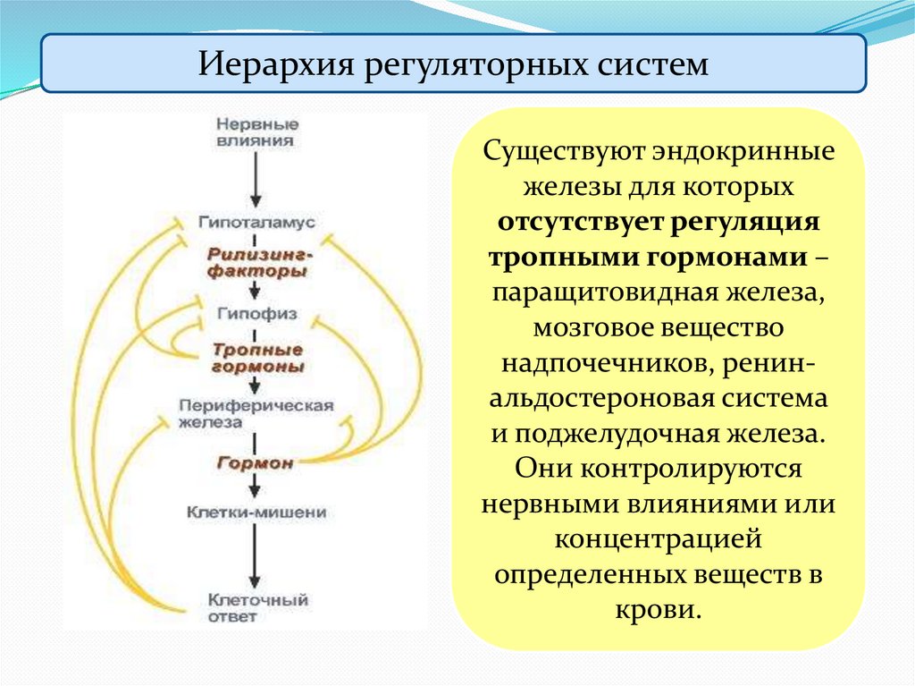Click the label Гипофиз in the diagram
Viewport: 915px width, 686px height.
pos(256,314)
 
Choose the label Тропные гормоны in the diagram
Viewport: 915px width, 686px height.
pos(256,358)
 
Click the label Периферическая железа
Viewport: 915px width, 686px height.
pos(256,412)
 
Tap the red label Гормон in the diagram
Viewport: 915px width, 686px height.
pos(255,463)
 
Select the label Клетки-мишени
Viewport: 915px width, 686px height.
pos(256,512)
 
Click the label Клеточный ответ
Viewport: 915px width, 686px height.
pos(256,607)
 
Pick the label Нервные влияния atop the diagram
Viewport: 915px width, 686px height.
pos(258,131)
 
